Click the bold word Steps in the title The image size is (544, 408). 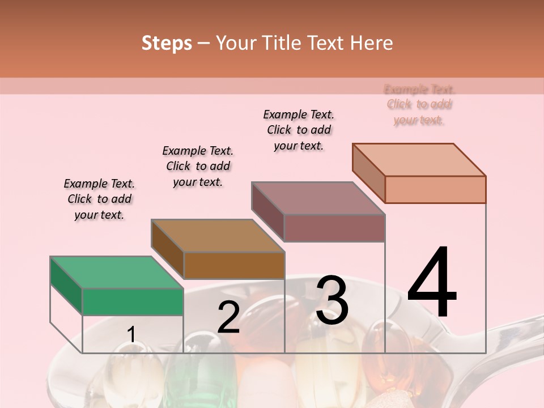(167, 43)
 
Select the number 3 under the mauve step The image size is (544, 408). (331, 300)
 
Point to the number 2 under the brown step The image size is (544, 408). (228, 317)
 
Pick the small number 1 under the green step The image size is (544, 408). (131, 334)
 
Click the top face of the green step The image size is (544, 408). (116, 273)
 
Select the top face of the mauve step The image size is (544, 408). (318, 198)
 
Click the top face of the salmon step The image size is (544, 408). (419, 160)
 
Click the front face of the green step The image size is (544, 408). (133, 301)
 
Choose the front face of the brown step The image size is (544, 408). (234, 265)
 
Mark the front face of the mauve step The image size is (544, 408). (334, 228)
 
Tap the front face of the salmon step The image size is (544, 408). (435, 189)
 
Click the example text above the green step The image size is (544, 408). (99, 199)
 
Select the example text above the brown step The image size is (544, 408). (198, 166)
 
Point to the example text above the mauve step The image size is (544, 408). (299, 130)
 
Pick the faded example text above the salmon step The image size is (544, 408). (419, 104)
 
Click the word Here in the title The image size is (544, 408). (372, 43)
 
